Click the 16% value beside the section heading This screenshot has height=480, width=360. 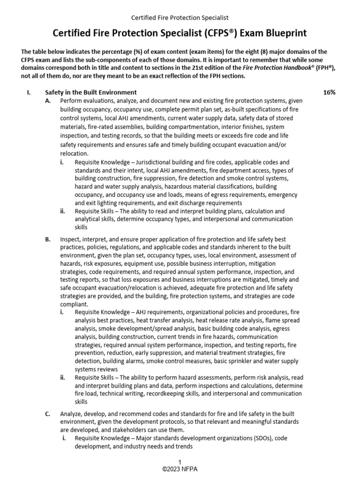coord(329,92)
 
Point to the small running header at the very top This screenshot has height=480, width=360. coord(180,17)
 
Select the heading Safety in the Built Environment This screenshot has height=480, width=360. coord(90,92)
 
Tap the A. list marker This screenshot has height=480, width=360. coord(48,101)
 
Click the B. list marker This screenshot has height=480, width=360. coord(48,239)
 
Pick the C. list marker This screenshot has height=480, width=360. coord(48,413)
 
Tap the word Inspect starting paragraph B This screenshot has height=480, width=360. coord(70,239)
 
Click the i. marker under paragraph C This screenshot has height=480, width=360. coord(63,439)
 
